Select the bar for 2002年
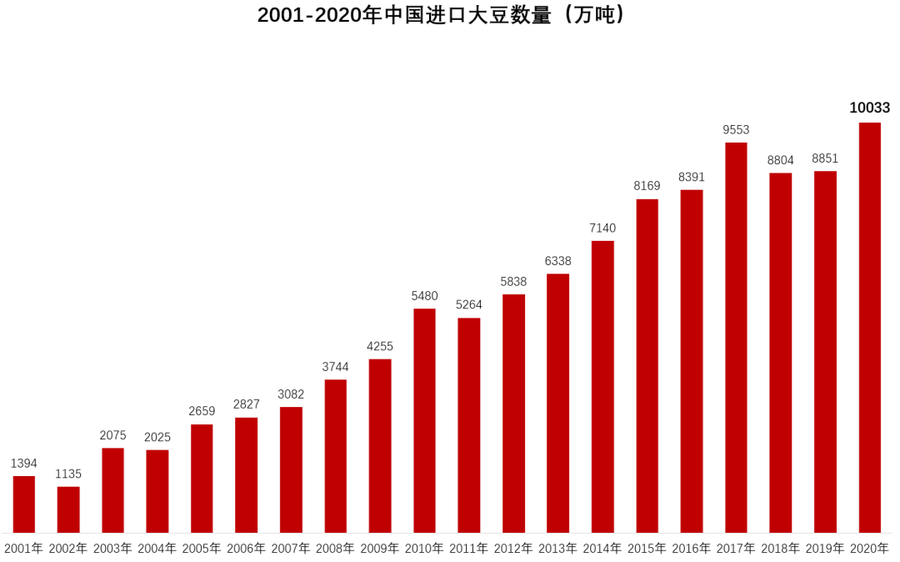pos(68,509)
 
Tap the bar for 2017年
pos(736,338)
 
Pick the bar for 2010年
pos(424,420)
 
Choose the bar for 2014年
pos(602,387)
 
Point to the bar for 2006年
pos(246,474)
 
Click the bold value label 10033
pos(869,108)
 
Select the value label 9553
pos(736,129)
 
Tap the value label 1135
pos(68,474)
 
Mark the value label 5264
pos(468,304)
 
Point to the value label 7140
pos(602,228)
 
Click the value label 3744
pos(335,367)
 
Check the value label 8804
pos(781,160)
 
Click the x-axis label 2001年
pos(23,548)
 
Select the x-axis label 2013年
pos(557,548)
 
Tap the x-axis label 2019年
pos(825,548)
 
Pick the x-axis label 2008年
pos(335,548)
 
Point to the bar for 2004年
pos(157,491)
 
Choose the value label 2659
pos(202,411)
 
